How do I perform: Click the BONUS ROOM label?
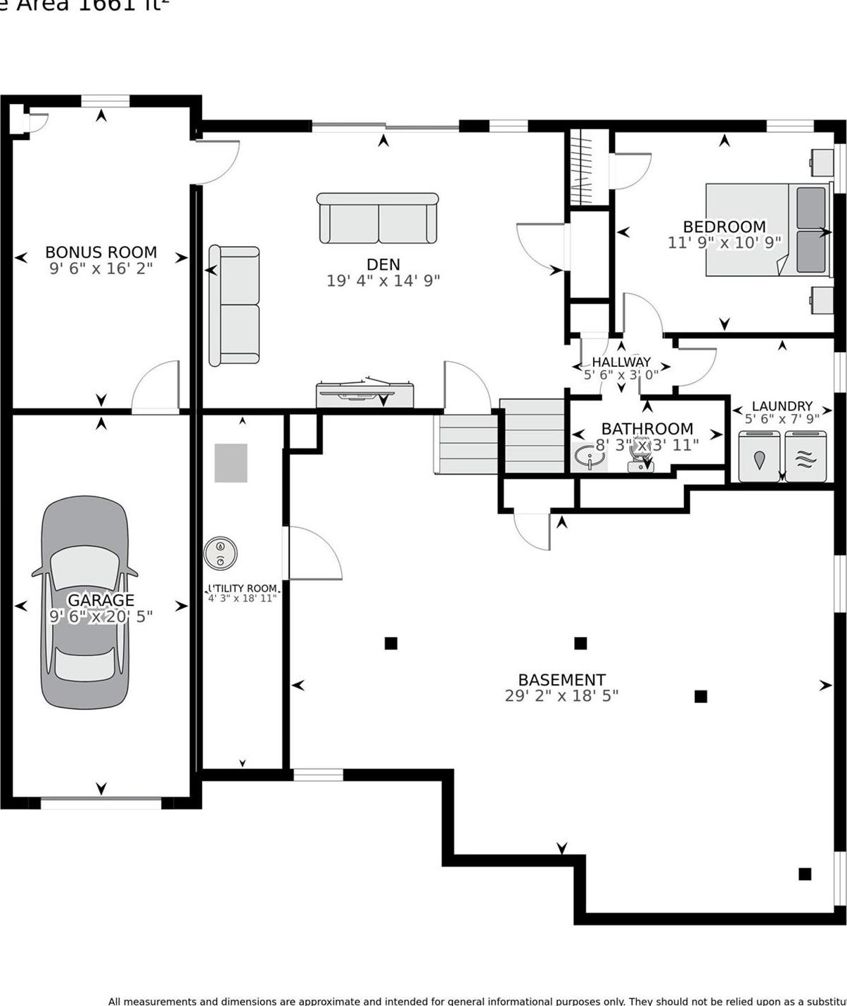101,252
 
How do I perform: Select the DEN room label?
383,264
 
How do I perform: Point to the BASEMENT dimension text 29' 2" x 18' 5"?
561,696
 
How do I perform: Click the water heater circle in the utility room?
220,553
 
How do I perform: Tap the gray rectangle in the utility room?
231,463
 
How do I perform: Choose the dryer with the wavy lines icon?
808,457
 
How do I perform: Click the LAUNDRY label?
782,406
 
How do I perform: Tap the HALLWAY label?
621,362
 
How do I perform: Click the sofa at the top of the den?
378,219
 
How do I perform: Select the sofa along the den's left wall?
234,305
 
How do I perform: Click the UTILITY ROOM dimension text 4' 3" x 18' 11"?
243,599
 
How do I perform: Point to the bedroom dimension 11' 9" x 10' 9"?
724,243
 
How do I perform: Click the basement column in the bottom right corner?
805,874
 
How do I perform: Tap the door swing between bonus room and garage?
156,387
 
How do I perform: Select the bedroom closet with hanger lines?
588,168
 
